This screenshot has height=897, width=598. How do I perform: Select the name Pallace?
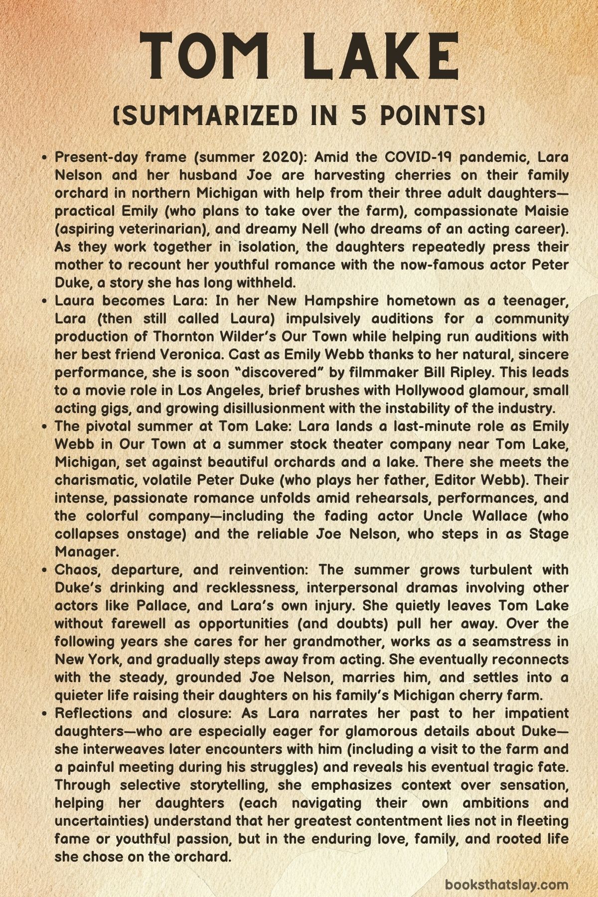click(x=162, y=606)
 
